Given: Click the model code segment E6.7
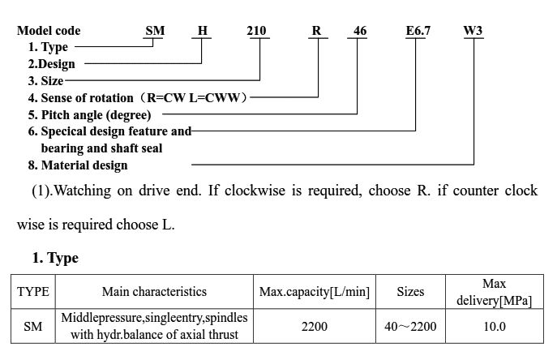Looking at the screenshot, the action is tap(418, 31).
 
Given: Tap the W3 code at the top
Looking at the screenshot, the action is tap(473, 31).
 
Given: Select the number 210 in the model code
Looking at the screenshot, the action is tap(256, 31).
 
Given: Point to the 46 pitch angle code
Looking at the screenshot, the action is tap(360, 31).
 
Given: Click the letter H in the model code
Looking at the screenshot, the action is tap(203, 31).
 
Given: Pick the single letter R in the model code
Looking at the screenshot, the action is tap(316, 31).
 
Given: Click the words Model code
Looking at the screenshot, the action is tap(49, 31).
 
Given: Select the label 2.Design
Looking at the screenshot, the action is tap(52, 64).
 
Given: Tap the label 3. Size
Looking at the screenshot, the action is tap(46, 80).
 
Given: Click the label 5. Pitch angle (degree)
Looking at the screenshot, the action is tap(89, 115).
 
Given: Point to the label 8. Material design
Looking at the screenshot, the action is tap(78, 165).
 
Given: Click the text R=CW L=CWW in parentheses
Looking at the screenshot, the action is tap(194, 97).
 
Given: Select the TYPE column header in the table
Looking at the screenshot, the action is tap(33, 292).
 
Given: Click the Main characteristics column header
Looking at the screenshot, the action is tap(154, 292).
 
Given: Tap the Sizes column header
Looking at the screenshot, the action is tap(410, 292).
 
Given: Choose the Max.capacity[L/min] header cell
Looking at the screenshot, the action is tap(315, 292).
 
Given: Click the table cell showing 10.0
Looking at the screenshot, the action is tap(495, 326).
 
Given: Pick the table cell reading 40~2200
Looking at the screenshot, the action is tap(410, 326).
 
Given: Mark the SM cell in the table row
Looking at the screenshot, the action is tap(33, 326).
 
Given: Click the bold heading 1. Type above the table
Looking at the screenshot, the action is tap(55, 258).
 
